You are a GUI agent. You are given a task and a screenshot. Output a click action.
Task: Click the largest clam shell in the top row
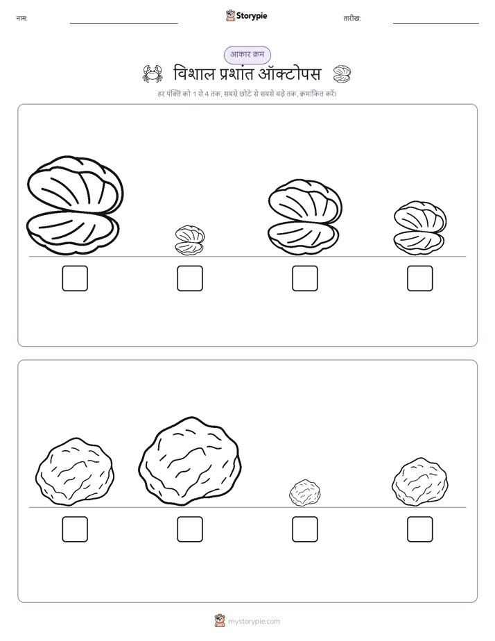[75, 205]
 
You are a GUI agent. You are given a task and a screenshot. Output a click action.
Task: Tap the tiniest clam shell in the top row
[190, 240]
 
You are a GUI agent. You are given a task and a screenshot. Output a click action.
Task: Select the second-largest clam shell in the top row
[305, 218]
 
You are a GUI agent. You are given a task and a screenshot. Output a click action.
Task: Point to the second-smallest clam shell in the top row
[420, 228]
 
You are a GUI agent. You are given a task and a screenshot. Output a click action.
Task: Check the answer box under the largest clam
[75, 278]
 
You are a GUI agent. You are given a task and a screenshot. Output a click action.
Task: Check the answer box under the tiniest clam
[190, 278]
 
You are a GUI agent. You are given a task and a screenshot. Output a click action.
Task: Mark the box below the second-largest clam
[305, 278]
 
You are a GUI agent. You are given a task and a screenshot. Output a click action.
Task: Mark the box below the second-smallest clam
[420, 278]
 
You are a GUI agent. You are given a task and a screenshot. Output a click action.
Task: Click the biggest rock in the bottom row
[189, 461]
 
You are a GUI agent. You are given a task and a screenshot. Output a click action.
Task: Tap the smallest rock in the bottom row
[304, 493]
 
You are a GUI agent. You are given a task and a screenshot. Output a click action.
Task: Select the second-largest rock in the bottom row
[75, 471]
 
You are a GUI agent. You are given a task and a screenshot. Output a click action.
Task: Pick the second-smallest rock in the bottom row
[420, 481]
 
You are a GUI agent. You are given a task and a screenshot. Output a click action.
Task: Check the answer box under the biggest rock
[190, 529]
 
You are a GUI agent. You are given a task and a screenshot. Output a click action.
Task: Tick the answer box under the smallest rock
[305, 529]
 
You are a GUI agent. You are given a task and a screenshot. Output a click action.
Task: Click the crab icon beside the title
[153, 74]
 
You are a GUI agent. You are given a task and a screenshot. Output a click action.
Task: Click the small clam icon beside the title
[342, 74]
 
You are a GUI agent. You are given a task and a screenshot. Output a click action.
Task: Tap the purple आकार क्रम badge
[247, 55]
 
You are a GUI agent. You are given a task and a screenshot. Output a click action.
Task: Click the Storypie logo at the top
[246, 15]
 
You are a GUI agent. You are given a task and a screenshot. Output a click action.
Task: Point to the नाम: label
[21, 19]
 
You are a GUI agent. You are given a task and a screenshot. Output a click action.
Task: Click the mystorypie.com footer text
[254, 622]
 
